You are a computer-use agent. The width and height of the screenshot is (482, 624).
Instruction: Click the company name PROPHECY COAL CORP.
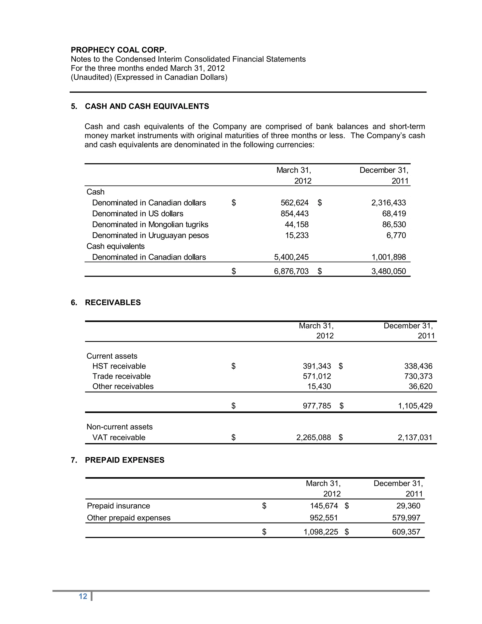[x=119, y=50]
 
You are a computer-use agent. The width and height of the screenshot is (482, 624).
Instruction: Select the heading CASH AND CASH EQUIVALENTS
[x=147, y=106]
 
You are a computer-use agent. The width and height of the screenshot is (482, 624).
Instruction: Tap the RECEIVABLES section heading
[x=113, y=303]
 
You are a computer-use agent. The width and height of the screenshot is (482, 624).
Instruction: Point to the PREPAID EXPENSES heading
[x=125, y=460]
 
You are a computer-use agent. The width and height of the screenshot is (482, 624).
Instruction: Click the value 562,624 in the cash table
[x=294, y=203]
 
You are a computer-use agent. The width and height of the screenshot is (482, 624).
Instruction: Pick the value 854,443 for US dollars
[x=294, y=214]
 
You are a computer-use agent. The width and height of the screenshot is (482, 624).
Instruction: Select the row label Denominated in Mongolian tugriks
[x=150, y=225]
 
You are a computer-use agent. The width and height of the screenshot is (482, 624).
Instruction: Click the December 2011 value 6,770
[x=396, y=235]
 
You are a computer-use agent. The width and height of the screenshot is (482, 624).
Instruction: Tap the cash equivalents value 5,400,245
[x=291, y=257]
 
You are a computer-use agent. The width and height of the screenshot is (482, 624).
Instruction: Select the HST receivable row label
[x=119, y=366]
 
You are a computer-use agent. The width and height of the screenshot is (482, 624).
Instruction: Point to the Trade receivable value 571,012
[x=317, y=376]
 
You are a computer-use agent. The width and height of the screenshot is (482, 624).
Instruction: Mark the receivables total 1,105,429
[x=415, y=406]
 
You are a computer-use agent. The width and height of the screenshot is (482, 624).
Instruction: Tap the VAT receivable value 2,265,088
[x=313, y=438]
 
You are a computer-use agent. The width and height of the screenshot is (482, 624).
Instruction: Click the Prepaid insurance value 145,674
[x=324, y=506]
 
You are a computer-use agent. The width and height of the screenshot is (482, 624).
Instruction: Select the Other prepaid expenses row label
[x=129, y=518]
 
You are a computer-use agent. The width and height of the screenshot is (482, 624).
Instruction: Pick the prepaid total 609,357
[x=406, y=532]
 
